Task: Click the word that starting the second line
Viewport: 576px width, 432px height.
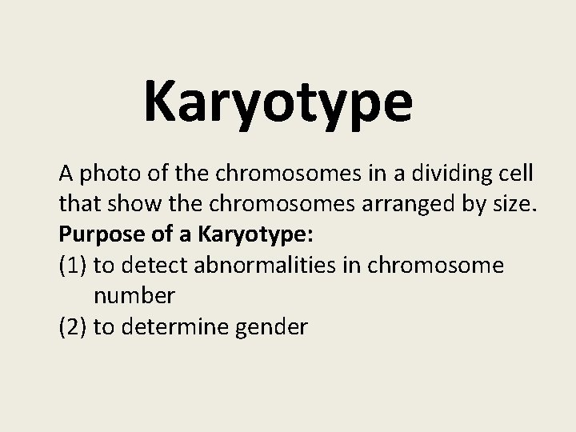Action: [77, 206]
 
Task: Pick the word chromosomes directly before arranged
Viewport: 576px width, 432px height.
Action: [262, 206]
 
